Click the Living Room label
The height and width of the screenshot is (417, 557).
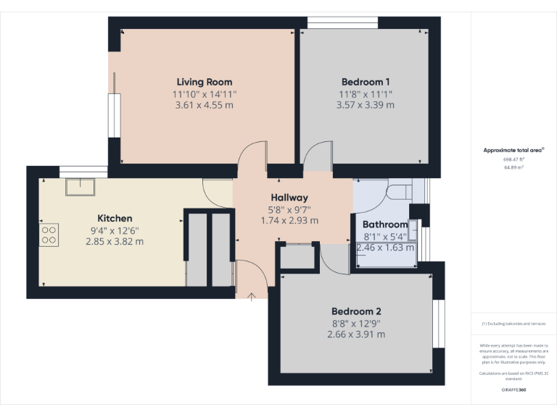tap(205, 82)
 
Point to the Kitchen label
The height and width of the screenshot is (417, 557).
tap(115, 218)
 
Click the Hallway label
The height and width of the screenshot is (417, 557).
tap(289, 198)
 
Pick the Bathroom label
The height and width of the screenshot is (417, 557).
tap(385, 224)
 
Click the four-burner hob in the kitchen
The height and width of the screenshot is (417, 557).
tap(49, 234)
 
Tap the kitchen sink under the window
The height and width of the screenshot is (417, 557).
tap(77, 188)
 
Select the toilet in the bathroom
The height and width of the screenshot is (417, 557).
tap(400, 190)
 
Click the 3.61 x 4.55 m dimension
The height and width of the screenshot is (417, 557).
tap(205, 105)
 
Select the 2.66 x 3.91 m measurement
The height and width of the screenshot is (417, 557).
tap(356, 334)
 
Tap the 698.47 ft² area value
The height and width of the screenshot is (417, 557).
tap(513, 159)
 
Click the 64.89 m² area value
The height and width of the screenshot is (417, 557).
tap(513, 167)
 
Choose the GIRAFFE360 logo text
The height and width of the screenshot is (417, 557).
tap(513, 389)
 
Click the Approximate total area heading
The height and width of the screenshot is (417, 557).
tap(513, 150)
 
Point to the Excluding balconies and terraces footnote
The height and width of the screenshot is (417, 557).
tap(513, 324)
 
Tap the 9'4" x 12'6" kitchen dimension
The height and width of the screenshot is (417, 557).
tap(115, 230)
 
